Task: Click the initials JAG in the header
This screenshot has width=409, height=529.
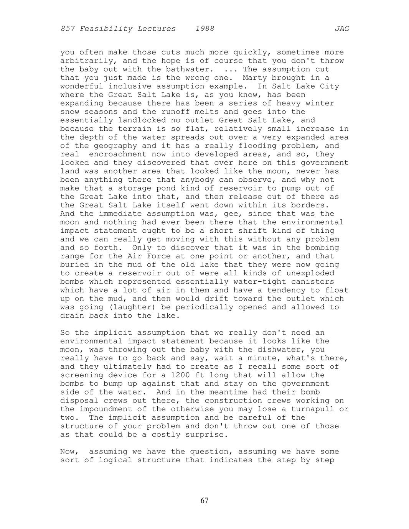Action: [x=341, y=29]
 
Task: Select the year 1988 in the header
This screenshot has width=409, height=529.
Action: [x=204, y=29]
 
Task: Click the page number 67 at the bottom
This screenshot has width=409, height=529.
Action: [x=204, y=501]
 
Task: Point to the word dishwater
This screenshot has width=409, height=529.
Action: [x=281, y=350]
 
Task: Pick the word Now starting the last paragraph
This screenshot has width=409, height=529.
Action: [x=67, y=452]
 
